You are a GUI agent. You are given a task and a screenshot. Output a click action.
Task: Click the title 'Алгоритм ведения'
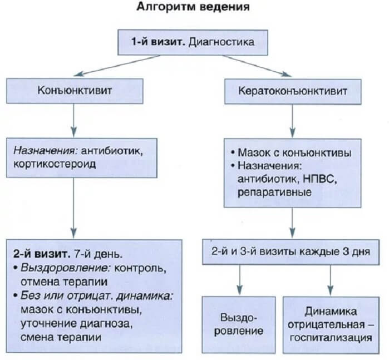coord(193,8)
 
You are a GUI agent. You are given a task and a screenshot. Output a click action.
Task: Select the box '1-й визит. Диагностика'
coord(193,41)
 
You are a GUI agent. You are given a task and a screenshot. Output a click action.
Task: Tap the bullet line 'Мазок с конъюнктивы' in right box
coord(289,152)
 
